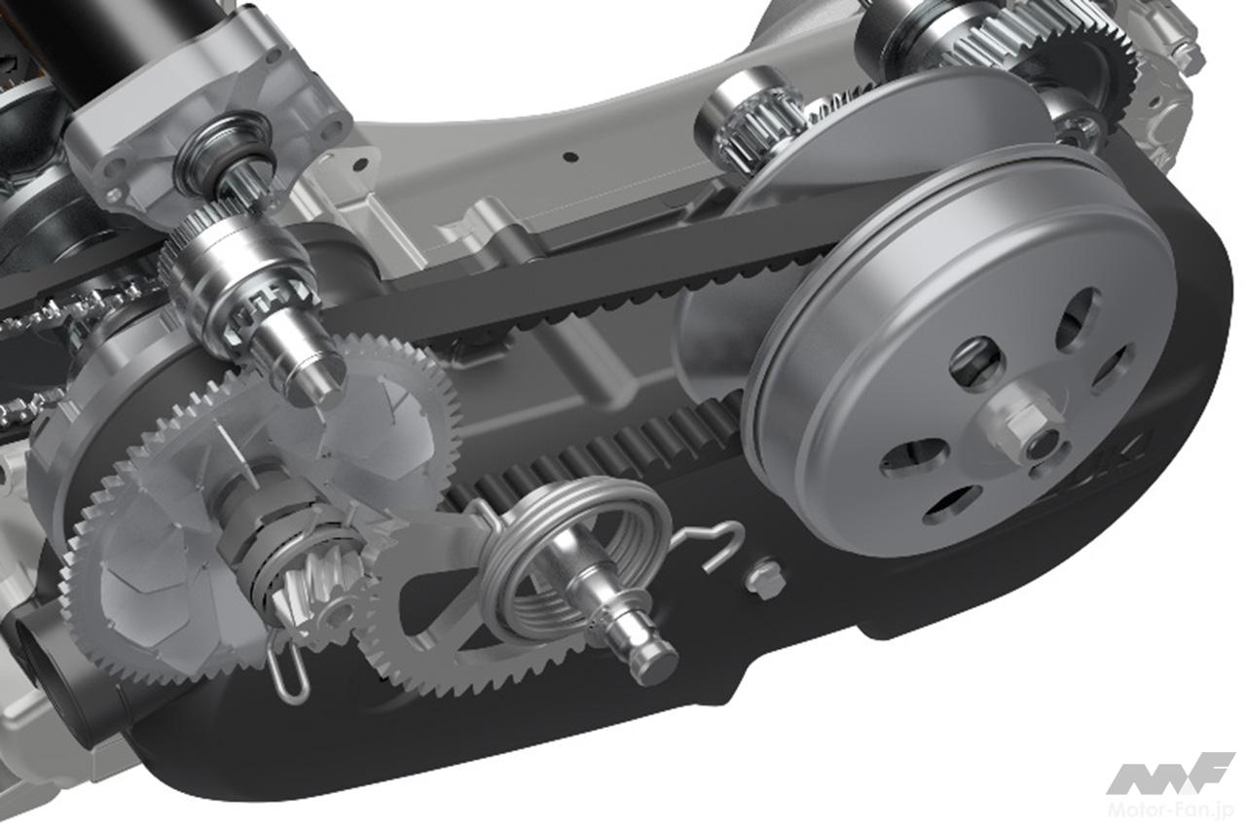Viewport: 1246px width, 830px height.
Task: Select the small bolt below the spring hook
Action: coord(765,578)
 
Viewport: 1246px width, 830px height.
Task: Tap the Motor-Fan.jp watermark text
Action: coord(1171,809)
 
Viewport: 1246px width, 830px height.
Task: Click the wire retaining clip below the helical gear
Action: coord(289,669)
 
